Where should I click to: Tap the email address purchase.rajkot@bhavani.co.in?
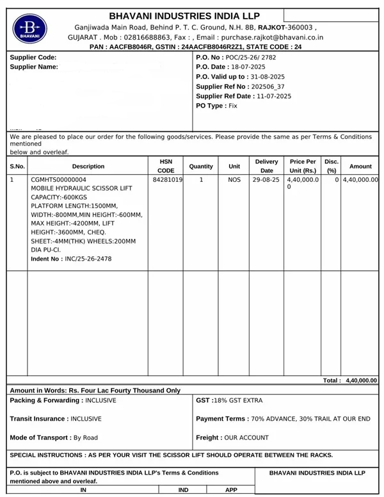pos(271,38)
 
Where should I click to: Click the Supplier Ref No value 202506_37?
pos(268,86)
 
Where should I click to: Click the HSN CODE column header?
pos(166,167)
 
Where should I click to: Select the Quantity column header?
pos(201,167)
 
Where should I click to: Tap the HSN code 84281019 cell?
pos(166,181)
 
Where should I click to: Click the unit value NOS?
pos(234,181)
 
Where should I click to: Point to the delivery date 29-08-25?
pos(266,181)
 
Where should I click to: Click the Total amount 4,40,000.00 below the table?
pos(361,380)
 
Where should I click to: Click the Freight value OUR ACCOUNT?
pos(243,438)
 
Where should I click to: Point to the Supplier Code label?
pos(33,58)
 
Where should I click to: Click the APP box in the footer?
pos(231,490)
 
